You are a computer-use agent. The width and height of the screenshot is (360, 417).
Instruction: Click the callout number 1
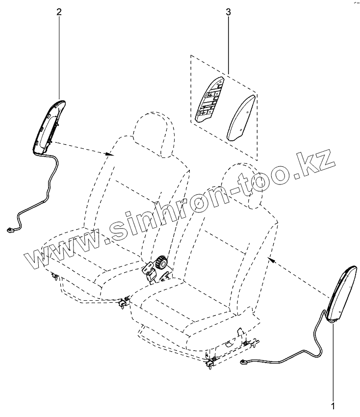tap(334, 406)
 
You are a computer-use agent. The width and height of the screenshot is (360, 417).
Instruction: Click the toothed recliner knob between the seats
tap(160, 263)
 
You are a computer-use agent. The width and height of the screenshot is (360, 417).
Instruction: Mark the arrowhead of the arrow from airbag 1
tap(268, 257)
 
